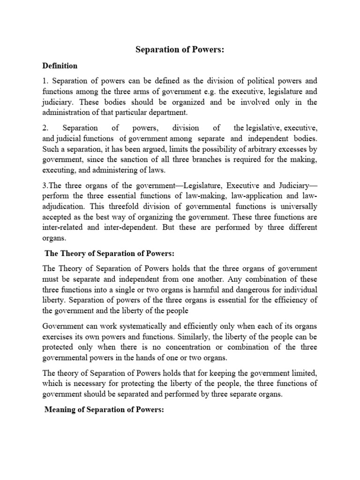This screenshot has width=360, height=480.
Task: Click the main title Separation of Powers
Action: tap(180, 50)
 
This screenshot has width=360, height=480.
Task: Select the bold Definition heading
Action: tap(60, 66)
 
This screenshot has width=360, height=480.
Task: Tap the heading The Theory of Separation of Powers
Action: tap(109, 254)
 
